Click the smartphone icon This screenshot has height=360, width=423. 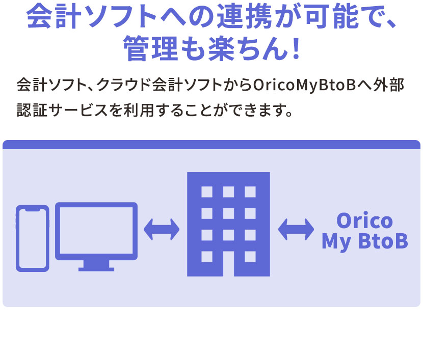point(32,238)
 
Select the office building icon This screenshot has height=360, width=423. point(228,224)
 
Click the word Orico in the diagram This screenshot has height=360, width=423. point(364,221)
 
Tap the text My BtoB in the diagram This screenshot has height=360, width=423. point(364,241)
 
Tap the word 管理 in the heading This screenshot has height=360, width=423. point(145,49)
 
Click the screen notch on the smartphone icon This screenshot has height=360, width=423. point(32,209)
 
